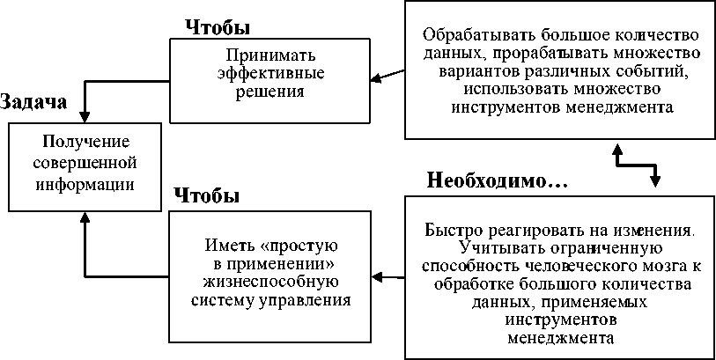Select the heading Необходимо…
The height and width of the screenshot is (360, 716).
pos(498,181)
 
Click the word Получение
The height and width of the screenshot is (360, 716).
pos(85,142)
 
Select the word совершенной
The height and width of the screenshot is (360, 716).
pos(85,163)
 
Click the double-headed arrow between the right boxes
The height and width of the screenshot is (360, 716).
pos(634,163)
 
